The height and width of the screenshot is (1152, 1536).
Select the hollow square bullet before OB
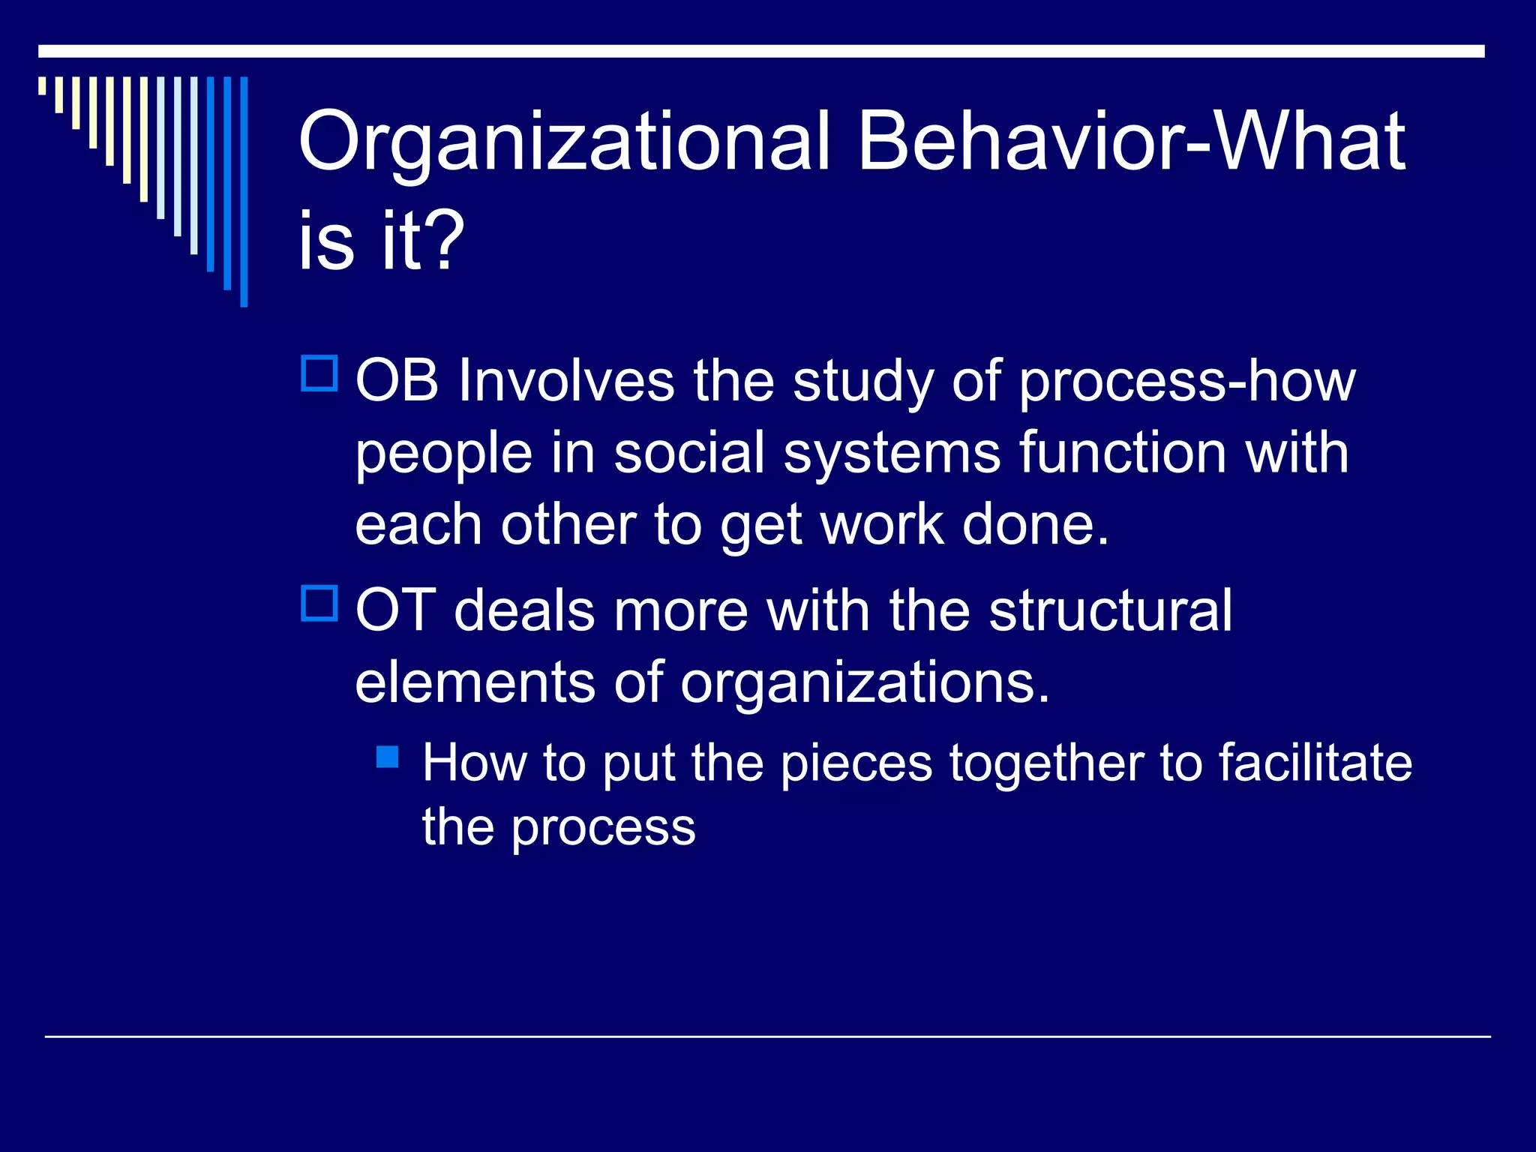pyautogui.click(x=319, y=373)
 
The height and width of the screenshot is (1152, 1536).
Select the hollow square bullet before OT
pyautogui.click(x=319, y=603)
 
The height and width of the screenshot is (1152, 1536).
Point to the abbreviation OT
pyautogui.click(x=395, y=610)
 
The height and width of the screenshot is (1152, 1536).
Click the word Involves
pyautogui.click(x=566, y=381)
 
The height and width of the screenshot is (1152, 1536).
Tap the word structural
pyautogui.click(x=1110, y=610)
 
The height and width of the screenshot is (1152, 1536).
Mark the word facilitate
pyautogui.click(x=1315, y=763)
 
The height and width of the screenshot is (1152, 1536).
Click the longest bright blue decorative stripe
pyautogui.click(x=244, y=191)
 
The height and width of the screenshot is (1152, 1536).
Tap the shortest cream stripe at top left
pyautogui.click(x=43, y=85)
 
